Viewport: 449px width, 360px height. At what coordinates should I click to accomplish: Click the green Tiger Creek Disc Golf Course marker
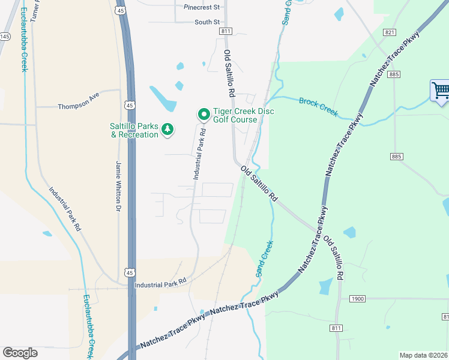pyautogui.click(x=203, y=113)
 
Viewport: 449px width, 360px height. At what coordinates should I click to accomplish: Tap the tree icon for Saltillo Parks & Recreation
pyautogui.click(x=169, y=129)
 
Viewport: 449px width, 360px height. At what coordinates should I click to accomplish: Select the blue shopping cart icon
pyautogui.click(x=441, y=92)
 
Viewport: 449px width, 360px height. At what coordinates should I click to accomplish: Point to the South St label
pyautogui.click(x=207, y=22)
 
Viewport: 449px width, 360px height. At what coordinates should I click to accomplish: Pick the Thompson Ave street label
pyautogui.click(x=78, y=106)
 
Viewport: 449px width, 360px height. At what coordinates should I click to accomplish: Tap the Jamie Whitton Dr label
pyautogui.click(x=118, y=185)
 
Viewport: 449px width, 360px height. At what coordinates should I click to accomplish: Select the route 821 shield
pyautogui.click(x=390, y=32)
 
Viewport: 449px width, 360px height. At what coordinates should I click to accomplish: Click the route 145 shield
pyautogui.click(x=5, y=37)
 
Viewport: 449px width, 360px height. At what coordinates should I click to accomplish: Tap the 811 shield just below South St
pyautogui.click(x=226, y=31)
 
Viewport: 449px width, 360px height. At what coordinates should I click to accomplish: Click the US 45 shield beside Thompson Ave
pyautogui.click(x=129, y=105)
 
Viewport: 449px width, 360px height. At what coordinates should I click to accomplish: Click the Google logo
pyautogui.click(x=20, y=353)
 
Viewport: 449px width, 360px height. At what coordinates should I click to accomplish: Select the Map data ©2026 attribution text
pyautogui.click(x=424, y=355)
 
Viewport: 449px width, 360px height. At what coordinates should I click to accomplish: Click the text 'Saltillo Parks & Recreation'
pyautogui.click(x=134, y=130)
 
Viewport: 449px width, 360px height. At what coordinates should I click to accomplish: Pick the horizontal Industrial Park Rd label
pyautogui.click(x=160, y=282)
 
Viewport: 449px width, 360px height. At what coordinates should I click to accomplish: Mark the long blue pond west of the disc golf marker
pyautogui.click(x=163, y=98)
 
